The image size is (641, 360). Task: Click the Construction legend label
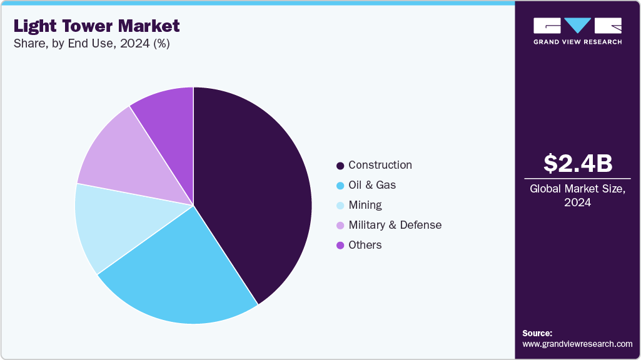[x=380, y=165]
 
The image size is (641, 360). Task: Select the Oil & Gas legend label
[x=371, y=185]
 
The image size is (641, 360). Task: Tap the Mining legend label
[x=365, y=205]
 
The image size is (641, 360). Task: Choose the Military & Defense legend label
[x=395, y=225]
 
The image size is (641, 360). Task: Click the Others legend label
[x=365, y=245]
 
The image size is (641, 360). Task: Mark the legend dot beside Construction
[x=340, y=166]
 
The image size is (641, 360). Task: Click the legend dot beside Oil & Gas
[x=340, y=186]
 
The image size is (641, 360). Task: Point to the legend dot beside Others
[x=340, y=246]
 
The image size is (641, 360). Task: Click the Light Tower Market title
[x=96, y=26]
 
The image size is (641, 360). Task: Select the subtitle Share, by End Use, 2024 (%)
[x=91, y=44]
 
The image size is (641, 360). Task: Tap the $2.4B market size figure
[x=577, y=163]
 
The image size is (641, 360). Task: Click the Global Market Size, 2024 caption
[x=577, y=196]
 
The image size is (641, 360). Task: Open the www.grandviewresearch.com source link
[x=577, y=344]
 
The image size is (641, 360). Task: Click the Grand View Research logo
[x=577, y=31]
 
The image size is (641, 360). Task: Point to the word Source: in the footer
[x=537, y=333]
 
